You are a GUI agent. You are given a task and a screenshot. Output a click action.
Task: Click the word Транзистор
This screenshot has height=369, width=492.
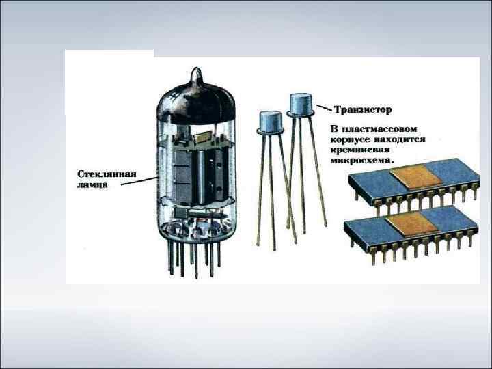pyautogui.click(x=363, y=110)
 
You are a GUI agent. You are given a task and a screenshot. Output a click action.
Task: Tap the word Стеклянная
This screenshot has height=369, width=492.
pyautogui.click(x=107, y=174)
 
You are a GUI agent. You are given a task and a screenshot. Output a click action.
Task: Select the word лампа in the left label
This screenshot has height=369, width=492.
pyautogui.click(x=92, y=184)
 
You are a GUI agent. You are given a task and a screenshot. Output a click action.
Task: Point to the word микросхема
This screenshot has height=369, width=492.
pyautogui.click(x=361, y=160)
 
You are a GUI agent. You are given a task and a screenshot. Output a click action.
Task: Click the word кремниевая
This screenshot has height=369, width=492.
pyautogui.click(x=360, y=150)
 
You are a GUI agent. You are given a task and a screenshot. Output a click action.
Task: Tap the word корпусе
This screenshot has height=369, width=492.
pyautogui.click(x=349, y=139)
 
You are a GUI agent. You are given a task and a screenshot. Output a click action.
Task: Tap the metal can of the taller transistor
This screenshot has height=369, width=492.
pyautogui.click(x=301, y=105)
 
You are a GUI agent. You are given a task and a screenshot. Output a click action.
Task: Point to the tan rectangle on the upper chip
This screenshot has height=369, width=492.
pyautogui.click(x=415, y=178)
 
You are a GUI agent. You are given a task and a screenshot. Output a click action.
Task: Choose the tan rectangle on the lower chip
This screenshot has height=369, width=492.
pyautogui.click(x=411, y=223)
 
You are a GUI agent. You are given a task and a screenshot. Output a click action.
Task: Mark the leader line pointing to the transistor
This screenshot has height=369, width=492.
pyautogui.click(x=324, y=108)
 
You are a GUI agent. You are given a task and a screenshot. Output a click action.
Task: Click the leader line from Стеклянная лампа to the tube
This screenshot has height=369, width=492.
pyautogui.click(x=139, y=181)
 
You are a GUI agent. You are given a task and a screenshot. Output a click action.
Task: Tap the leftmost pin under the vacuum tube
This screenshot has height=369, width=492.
pyautogui.click(x=171, y=256)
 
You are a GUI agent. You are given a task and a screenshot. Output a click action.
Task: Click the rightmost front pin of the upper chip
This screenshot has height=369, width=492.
pyautogui.click(x=474, y=192)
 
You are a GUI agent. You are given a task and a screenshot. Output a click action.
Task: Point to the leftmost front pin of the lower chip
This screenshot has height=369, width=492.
pyautogui.click(x=373, y=255)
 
